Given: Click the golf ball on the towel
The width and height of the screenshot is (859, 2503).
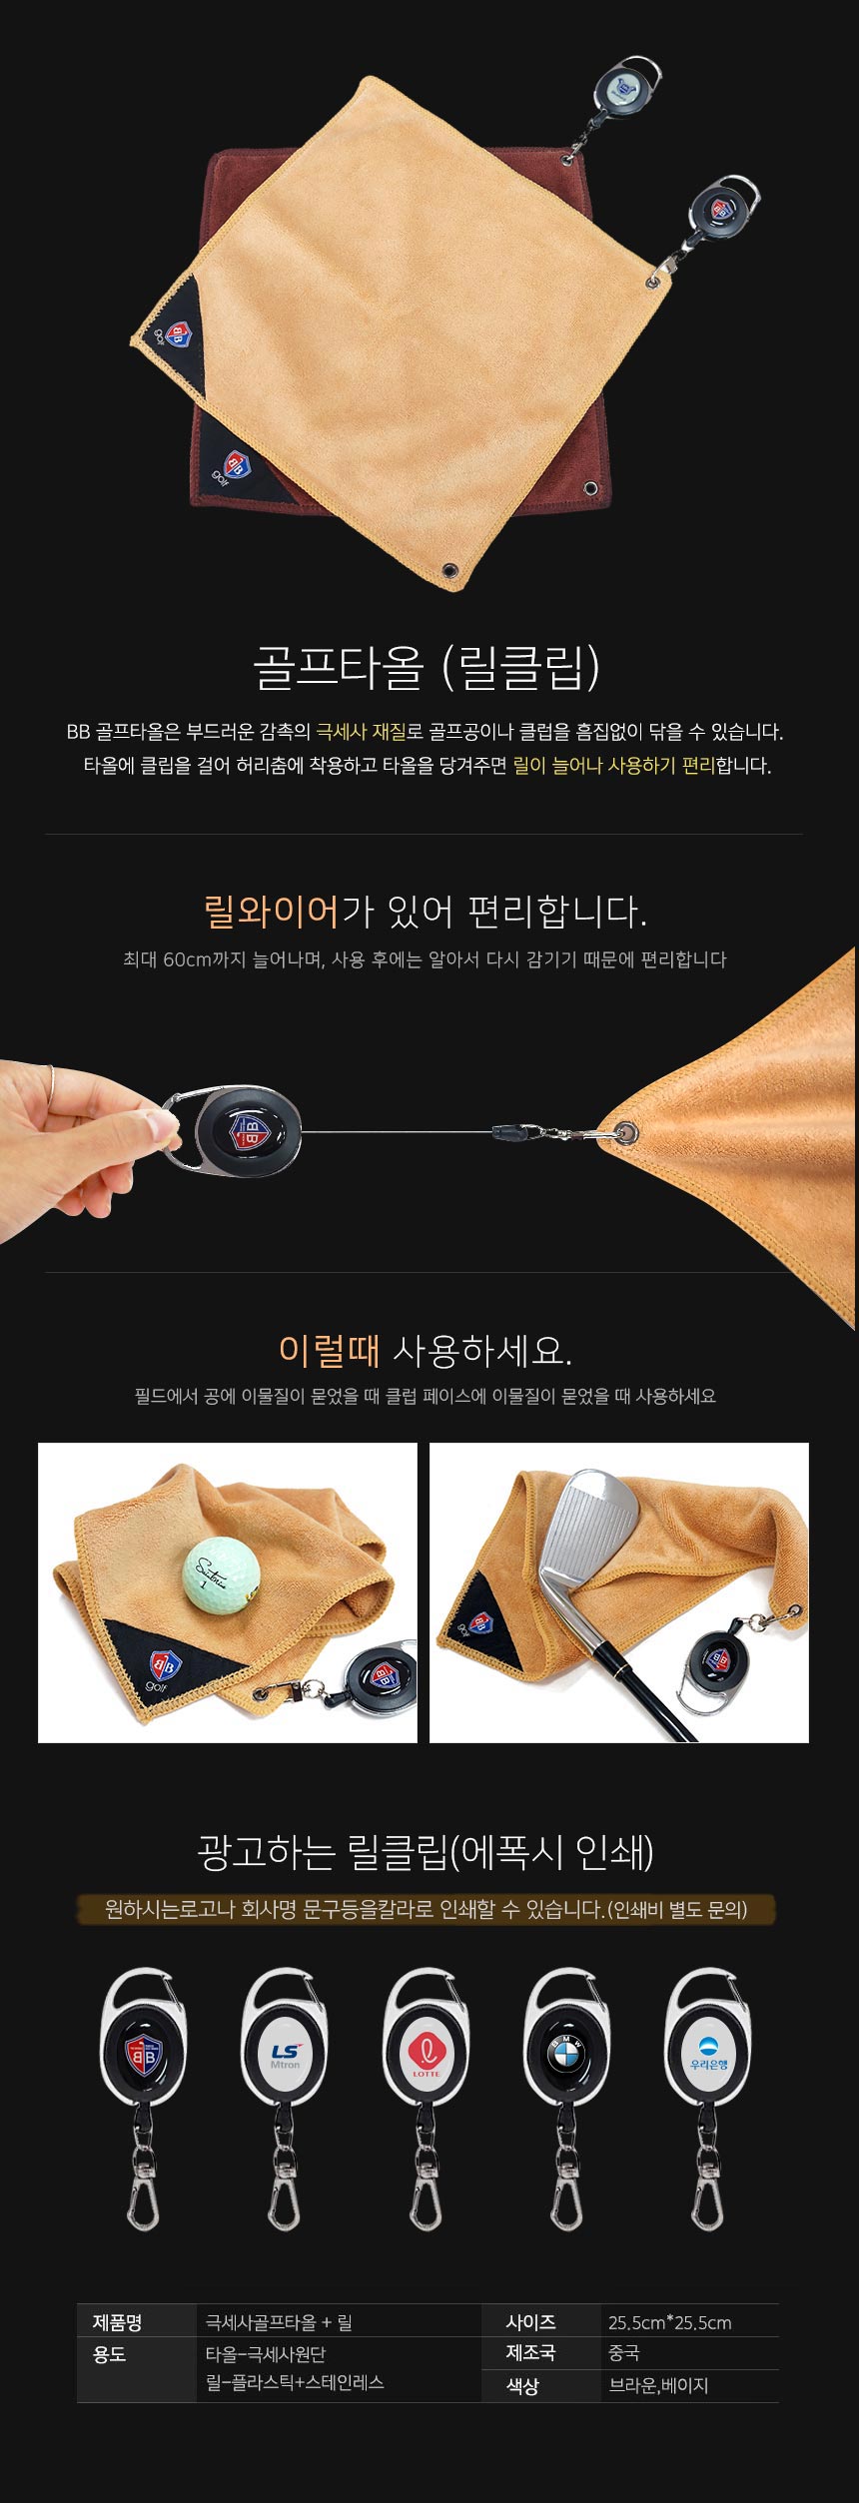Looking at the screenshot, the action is (222, 1573).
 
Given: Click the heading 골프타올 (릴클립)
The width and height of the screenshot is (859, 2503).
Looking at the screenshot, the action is (428, 668).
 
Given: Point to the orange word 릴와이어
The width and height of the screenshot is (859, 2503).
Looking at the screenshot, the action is (272, 911).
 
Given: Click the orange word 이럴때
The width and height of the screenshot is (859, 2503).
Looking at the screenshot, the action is (330, 1352).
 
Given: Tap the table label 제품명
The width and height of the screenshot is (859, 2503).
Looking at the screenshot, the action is (118, 2322).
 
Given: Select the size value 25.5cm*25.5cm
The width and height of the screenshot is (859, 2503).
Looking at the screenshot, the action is (669, 2322).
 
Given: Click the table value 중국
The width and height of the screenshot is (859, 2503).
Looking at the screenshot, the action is (623, 2353).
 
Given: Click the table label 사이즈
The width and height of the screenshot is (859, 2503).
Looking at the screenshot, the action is (530, 2322).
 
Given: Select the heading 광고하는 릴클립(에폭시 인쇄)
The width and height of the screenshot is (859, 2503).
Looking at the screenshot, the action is (426, 1853).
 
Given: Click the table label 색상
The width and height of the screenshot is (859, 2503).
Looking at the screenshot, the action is (522, 2385).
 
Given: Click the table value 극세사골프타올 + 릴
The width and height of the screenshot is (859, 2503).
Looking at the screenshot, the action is (279, 2322).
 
